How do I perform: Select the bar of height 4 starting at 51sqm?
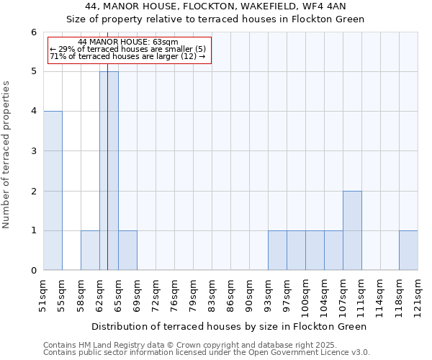pos(53,191)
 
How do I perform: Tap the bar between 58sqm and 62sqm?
pos(90,251)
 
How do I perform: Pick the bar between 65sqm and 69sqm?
pos(127,251)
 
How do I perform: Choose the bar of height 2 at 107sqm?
pos(352,230)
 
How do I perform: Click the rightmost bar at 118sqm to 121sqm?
pos(408,251)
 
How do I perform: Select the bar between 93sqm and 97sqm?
pos(277,251)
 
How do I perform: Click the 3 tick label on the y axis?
pos(33,151)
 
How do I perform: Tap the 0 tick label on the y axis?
pos(33,271)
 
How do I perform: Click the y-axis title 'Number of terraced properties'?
pos(6,155)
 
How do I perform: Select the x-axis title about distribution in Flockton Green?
pos(230,326)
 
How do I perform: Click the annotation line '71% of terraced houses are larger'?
pos(127,56)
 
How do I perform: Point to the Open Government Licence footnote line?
pos(207,353)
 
